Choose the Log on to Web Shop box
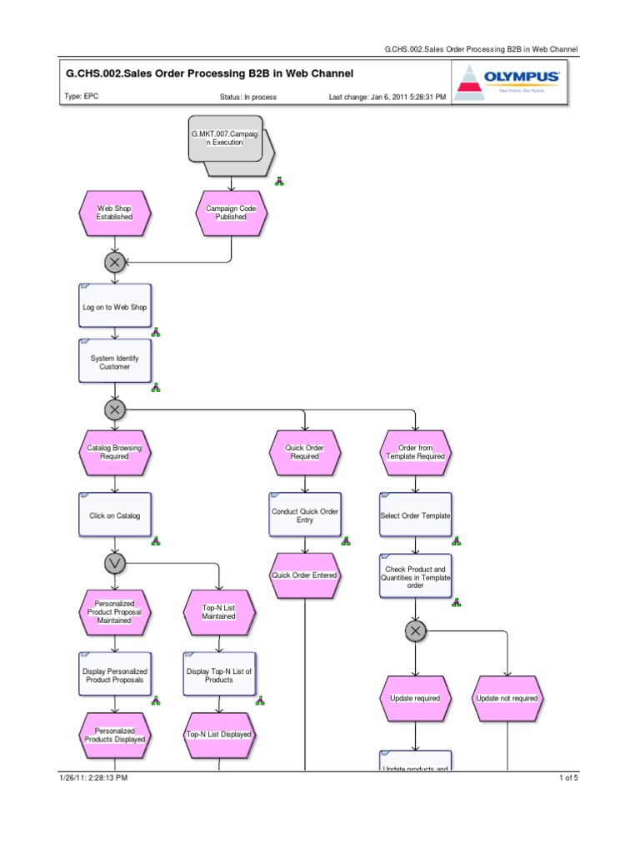115,307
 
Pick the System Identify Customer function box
115,361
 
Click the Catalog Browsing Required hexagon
115,452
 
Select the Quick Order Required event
305,452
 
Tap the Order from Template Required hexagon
416,452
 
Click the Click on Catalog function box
115,515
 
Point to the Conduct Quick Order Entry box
305,515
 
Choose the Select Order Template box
416,515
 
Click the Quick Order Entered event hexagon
305,575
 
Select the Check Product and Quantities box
416,576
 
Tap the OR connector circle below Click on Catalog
115,564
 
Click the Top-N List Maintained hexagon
218,612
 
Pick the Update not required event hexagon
507,698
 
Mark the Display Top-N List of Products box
218,675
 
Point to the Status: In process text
248,97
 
